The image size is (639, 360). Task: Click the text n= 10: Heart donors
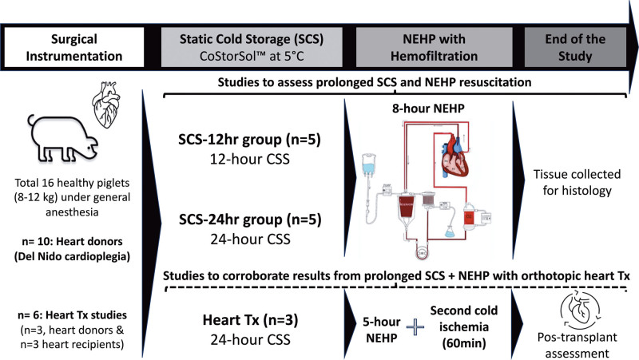click(70, 260)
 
